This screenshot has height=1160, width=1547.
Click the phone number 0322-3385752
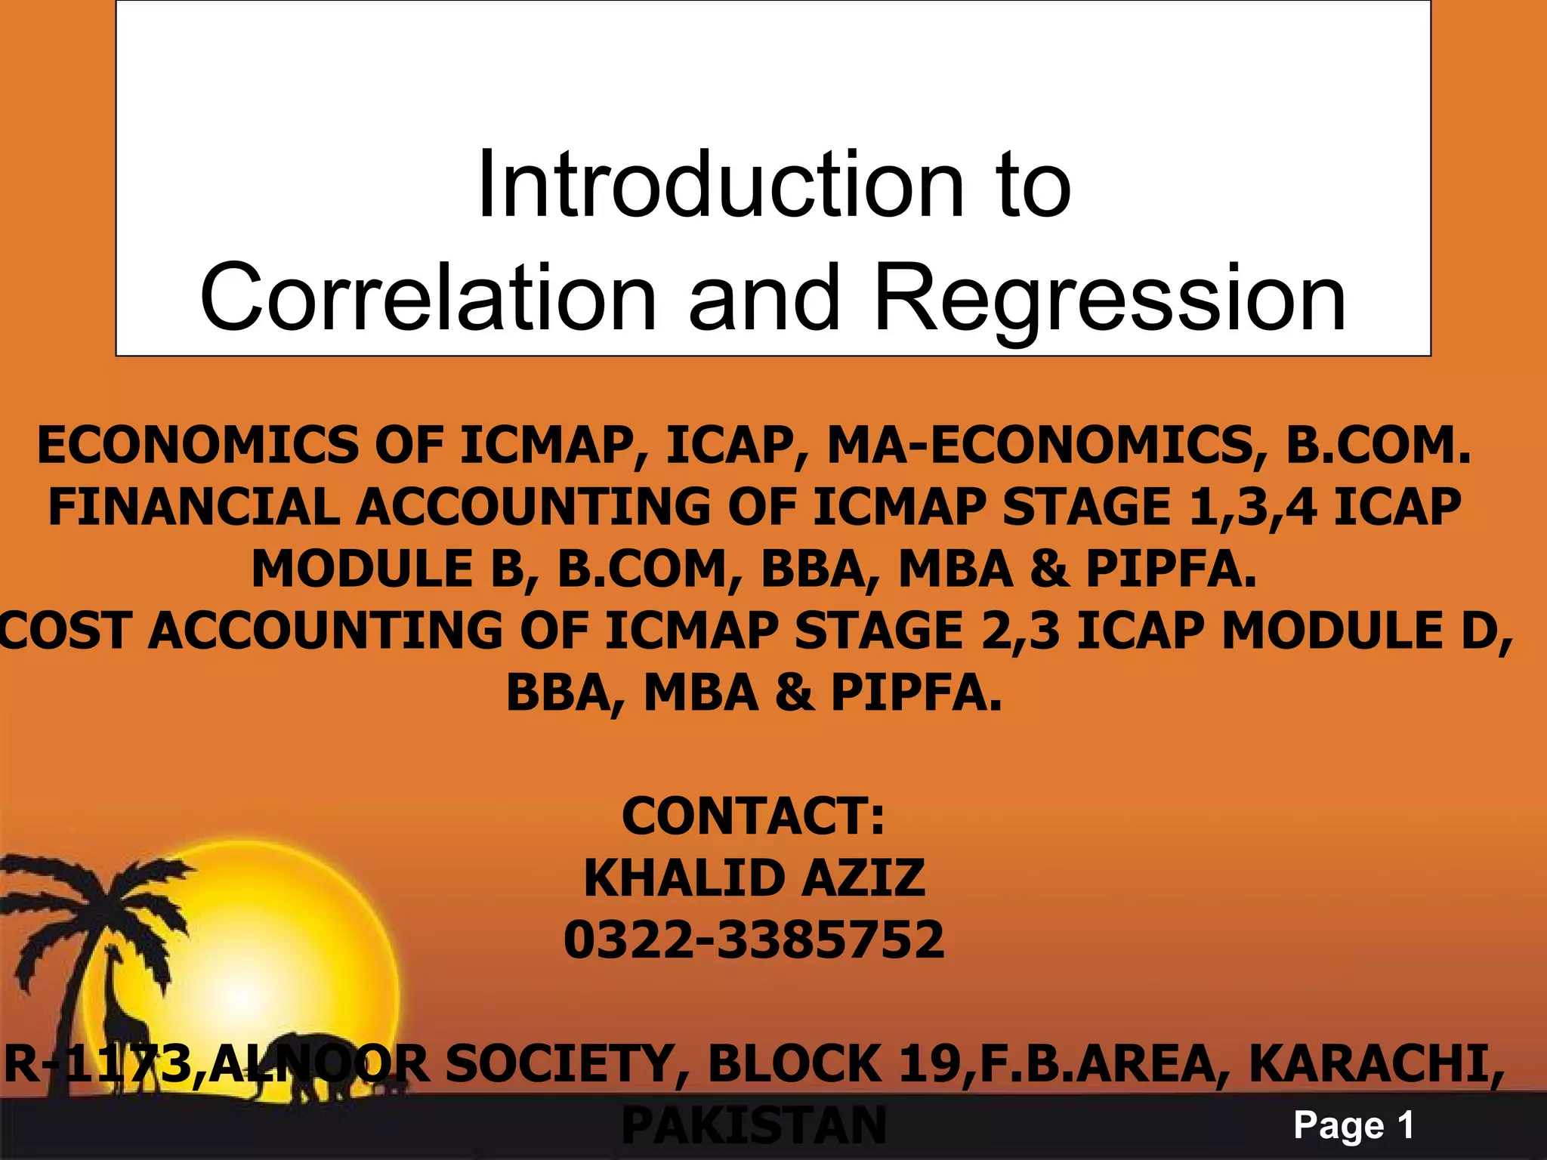coord(754,939)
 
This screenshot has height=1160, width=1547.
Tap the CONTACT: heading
coord(753,816)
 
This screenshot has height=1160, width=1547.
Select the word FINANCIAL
coord(193,507)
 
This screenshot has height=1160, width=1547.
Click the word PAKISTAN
coord(753,1126)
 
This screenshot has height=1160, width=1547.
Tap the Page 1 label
coord(1353,1126)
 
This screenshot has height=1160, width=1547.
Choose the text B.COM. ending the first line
coord(1379,445)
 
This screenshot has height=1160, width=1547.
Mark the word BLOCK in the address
coord(794,1064)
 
